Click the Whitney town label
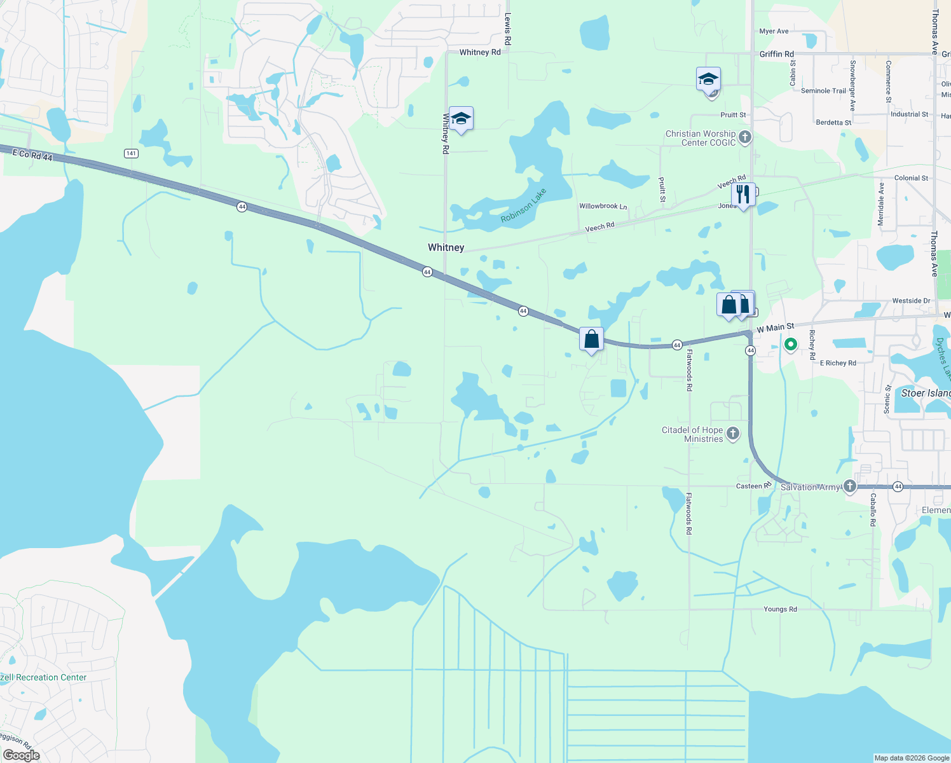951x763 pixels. click(x=446, y=247)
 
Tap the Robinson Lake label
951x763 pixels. click(x=523, y=205)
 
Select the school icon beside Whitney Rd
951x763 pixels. click(x=461, y=119)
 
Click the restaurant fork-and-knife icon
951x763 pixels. click(x=742, y=195)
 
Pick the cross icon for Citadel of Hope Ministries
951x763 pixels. click(x=733, y=434)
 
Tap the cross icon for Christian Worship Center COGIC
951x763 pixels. click(x=745, y=137)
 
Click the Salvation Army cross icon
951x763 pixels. click(x=850, y=487)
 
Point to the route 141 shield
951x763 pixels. click(x=131, y=153)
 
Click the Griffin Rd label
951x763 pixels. click(x=776, y=54)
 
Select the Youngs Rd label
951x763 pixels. click(x=780, y=609)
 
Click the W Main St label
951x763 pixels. click(x=776, y=328)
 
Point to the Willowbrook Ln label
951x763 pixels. click(x=603, y=206)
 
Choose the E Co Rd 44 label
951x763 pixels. click(x=32, y=155)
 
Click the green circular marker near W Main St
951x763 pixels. click(x=791, y=345)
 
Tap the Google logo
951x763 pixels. click(x=21, y=755)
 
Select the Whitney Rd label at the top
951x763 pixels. click(x=480, y=52)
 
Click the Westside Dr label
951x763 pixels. click(x=911, y=301)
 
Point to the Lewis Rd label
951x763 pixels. click(x=507, y=29)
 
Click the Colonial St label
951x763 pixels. click(x=911, y=178)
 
